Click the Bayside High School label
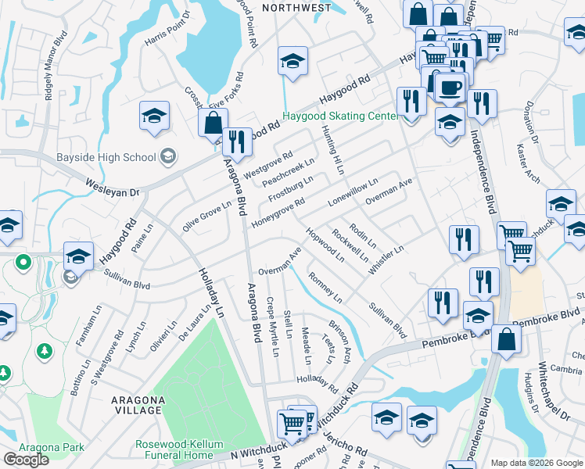pyautogui.click(x=106, y=157)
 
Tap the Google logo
pyautogui.click(x=26, y=460)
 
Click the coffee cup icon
pyautogui.click(x=450, y=86)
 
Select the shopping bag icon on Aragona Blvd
pyautogui.click(x=212, y=124)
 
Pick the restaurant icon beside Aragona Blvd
pyautogui.click(x=236, y=141)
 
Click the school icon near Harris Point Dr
pyautogui.click(x=154, y=116)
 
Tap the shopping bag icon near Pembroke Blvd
pyautogui.click(x=507, y=340)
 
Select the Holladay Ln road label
pyautogui.click(x=210, y=299)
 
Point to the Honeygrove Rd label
pyautogui.click(x=278, y=213)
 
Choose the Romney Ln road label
pyautogui.click(x=325, y=288)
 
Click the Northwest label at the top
pyautogui.click(x=296, y=8)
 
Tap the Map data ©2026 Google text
pyautogui.click(x=537, y=463)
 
